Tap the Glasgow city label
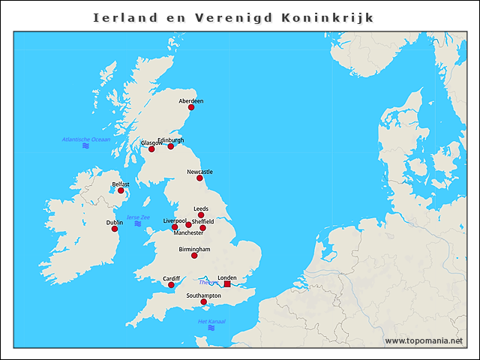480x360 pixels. click(151, 143)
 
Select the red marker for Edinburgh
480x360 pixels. click(171, 146)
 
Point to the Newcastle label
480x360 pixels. click(199, 172)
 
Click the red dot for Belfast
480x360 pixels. click(121, 190)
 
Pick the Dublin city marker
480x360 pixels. click(115, 229)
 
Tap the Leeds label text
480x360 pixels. click(201, 208)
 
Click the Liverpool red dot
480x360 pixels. click(175, 227)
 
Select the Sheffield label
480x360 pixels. click(202, 221)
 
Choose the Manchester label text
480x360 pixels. click(188, 233)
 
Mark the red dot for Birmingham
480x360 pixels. click(194, 256)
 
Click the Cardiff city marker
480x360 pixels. click(171, 285)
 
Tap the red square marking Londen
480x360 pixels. click(227, 284)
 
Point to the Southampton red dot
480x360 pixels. click(203, 302)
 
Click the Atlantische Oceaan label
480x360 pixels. click(85, 139)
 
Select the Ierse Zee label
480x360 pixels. click(138, 217)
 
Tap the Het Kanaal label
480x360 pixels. click(211, 322)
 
